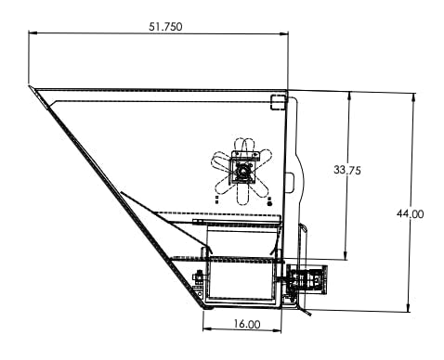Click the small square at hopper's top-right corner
(x=277, y=101)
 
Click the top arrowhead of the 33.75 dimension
(x=347, y=95)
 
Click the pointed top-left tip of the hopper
(x=31, y=89)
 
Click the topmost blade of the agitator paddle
(x=243, y=148)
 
